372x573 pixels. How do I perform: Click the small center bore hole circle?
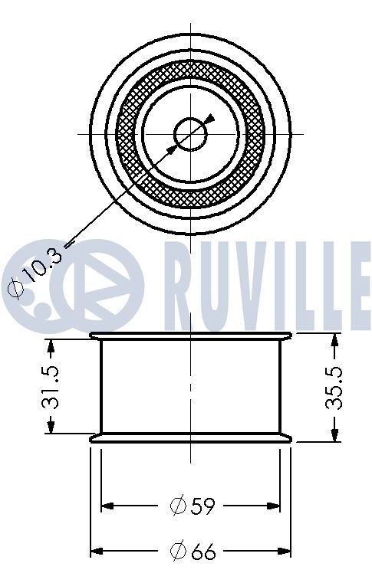pyautogui.click(x=191, y=134)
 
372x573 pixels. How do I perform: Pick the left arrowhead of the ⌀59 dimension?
pyautogui.click(x=108, y=506)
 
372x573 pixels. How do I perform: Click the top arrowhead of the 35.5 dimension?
pyautogui.click(x=334, y=339)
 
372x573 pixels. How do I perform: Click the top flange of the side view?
pyautogui.click(x=191, y=335)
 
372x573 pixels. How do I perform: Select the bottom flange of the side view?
pyautogui.click(x=191, y=438)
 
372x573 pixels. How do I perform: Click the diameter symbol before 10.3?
pyautogui.click(x=15, y=289)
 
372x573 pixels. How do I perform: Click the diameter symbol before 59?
pyautogui.click(x=177, y=506)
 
